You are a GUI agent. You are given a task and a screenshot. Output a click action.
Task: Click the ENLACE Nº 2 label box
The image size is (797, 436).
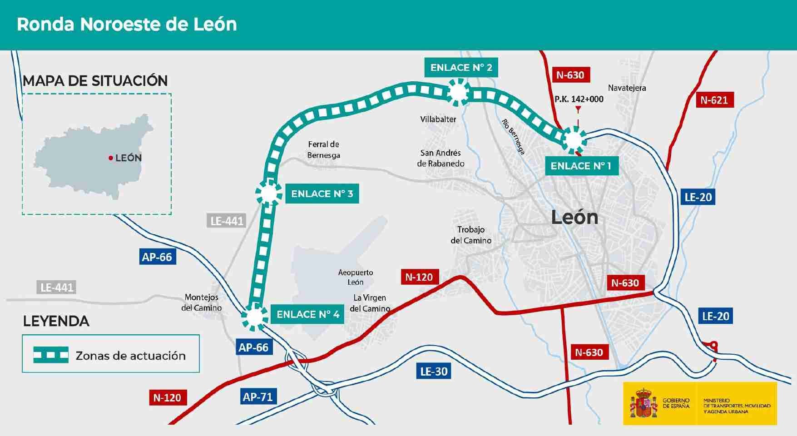pyautogui.click(x=461, y=68)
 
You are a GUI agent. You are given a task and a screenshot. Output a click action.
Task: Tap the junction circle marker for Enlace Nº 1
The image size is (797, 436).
pyautogui.click(x=574, y=139)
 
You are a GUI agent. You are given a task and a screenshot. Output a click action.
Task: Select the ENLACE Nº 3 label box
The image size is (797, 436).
pyautogui.click(x=322, y=194)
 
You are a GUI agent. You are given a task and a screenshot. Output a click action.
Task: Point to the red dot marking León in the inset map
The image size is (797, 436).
pyautogui.click(x=110, y=158)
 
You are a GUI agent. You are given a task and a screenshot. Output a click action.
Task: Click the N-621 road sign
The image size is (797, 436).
pyautogui.click(x=714, y=100)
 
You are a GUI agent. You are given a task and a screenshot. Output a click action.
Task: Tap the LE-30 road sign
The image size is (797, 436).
pyautogui.click(x=434, y=372)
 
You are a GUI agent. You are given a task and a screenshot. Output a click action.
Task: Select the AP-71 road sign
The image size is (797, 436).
pyautogui.click(x=257, y=397)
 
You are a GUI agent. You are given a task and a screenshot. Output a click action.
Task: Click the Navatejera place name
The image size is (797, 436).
pyautogui.click(x=627, y=88)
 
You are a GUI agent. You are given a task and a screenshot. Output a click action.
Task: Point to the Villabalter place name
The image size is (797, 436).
pyautogui.click(x=438, y=119)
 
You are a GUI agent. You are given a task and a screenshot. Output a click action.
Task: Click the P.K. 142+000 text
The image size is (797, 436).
pyautogui.click(x=579, y=99)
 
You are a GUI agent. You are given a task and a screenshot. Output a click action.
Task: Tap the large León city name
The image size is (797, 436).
pyautogui.click(x=574, y=218)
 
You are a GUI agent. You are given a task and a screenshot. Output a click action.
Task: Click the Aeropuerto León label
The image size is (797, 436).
pyautogui.click(x=356, y=277)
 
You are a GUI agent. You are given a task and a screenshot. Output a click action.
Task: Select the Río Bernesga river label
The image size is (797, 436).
pyautogui.click(x=514, y=137)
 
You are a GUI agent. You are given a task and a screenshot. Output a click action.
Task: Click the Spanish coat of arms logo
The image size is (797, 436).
pyautogui.click(x=644, y=403)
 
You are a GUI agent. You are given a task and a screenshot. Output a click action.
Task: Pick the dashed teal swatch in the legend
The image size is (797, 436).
pyautogui.click(x=51, y=355)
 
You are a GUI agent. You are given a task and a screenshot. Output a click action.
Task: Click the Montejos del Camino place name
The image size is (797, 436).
pyautogui.click(x=201, y=302)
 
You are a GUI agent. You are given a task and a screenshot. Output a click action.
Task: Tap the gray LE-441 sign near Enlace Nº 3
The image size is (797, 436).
pyautogui.click(x=227, y=221)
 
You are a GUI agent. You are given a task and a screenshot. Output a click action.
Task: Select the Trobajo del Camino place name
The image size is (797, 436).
pyautogui.click(x=471, y=235)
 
